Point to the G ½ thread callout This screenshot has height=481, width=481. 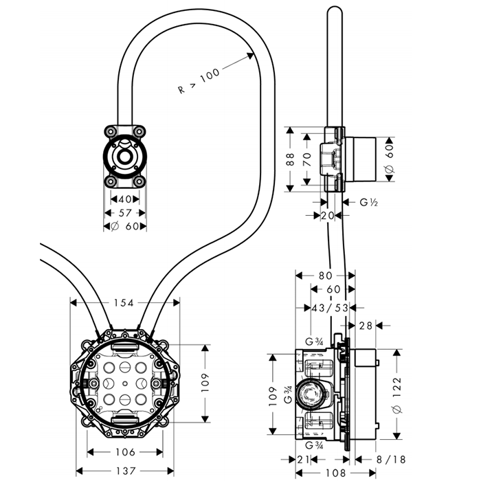370,202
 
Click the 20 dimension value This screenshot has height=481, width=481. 328,215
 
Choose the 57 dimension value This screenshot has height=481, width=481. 124,214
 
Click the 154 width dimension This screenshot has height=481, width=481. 124,303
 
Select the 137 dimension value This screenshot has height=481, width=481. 124,470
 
